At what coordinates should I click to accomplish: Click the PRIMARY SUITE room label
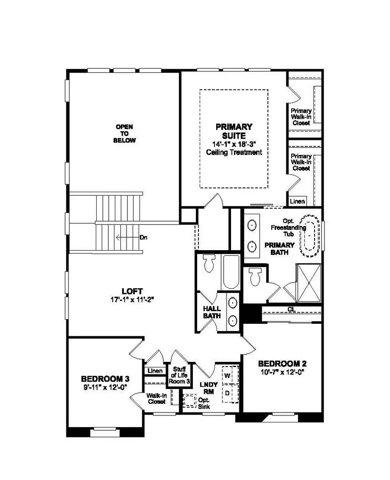pyautogui.click(x=234, y=131)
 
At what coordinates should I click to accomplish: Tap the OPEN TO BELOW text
pyautogui.click(x=124, y=134)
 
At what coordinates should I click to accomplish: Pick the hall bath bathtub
pyautogui.click(x=231, y=271)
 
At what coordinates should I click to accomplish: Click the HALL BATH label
pyautogui.click(x=212, y=312)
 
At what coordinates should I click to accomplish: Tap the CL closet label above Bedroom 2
pyautogui.click(x=291, y=309)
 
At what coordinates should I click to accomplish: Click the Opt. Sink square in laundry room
pyautogui.click(x=189, y=400)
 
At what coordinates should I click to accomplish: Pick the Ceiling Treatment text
pyautogui.click(x=234, y=152)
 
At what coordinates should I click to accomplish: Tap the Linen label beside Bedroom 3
pyautogui.click(x=155, y=371)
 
